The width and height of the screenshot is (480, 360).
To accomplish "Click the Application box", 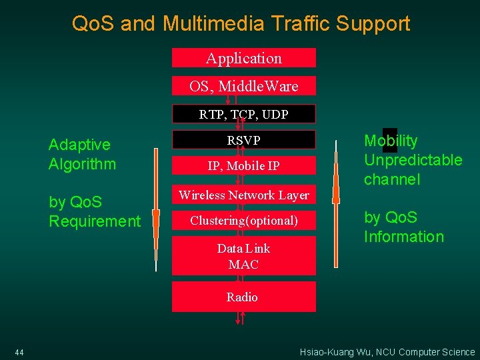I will [x=244, y=58].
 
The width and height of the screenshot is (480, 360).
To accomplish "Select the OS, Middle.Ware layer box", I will [x=244, y=86].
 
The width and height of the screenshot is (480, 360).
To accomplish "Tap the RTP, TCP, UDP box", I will [x=244, y=114].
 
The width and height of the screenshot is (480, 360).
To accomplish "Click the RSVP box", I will [x=244, y=140].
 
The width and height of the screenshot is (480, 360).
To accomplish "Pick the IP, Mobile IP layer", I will [x=244, y=166].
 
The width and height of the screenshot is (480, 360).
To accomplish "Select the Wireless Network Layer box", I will [x=244, y=195].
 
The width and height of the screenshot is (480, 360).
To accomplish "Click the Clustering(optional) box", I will [x=244, y=221].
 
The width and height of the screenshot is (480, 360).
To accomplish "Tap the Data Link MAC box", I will [x=244, y=256].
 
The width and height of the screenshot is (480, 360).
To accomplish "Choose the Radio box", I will [x=243, y=297].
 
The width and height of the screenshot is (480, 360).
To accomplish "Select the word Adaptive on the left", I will [x=79, y=145].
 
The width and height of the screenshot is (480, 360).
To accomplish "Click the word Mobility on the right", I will [x=391, y=141].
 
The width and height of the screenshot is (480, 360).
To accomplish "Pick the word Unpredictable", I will [x=413, y=160].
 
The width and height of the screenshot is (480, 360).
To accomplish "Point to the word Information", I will [x=403, y=237].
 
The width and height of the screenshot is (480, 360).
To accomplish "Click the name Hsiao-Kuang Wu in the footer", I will [x=334, y=352].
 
